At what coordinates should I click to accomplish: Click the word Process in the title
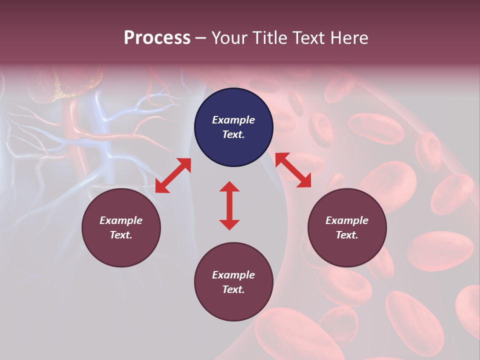coord(157,38)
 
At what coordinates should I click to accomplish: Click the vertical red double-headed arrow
coord(229,205)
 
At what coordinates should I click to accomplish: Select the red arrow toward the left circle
coord(173,175)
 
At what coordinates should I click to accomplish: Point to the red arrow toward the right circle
coord(293,170)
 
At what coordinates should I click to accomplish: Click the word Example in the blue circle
coord(233,120)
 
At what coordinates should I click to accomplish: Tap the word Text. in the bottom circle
coord(233,289)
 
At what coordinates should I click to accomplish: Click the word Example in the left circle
coord(121,220)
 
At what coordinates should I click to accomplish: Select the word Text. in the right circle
coord(347,235)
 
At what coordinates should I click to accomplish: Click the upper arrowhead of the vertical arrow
coord(229,187)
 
